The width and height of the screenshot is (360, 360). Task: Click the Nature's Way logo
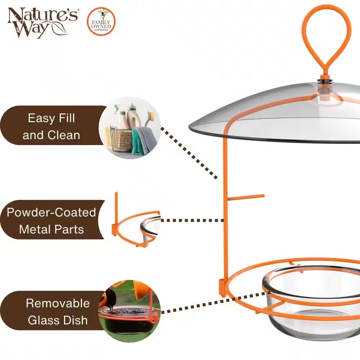[43, 22]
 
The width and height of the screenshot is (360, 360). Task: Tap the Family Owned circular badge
[101, 22]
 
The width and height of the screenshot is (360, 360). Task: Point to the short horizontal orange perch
[246, 197]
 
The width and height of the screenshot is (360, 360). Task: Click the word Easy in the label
[41, 118]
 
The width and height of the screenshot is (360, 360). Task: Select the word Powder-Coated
[51, 212]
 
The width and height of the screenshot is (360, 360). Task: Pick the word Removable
[58, 303]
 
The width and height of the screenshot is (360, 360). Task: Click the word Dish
[75, 320]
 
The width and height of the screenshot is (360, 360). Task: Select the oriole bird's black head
[106, 298]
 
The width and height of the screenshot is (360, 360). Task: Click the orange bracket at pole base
[222, 288]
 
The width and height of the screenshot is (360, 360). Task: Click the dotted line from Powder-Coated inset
[192, 220]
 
